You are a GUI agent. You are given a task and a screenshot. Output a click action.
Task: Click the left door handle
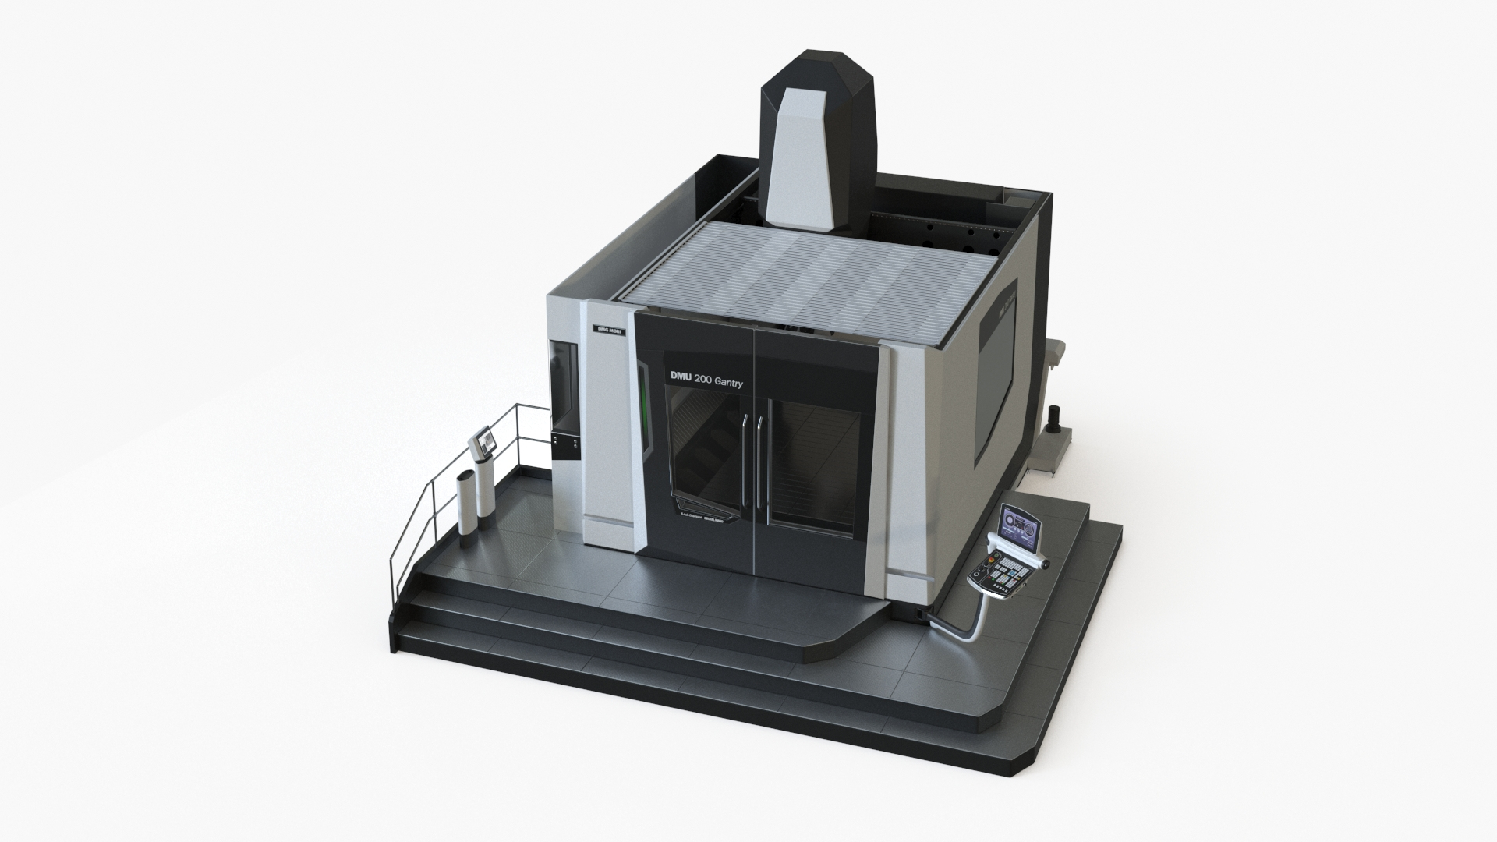(x=746, y=460)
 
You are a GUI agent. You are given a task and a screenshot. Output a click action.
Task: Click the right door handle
(x=759, y=460)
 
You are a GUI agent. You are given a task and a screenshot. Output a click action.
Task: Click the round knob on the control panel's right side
(x=1045, y=563)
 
